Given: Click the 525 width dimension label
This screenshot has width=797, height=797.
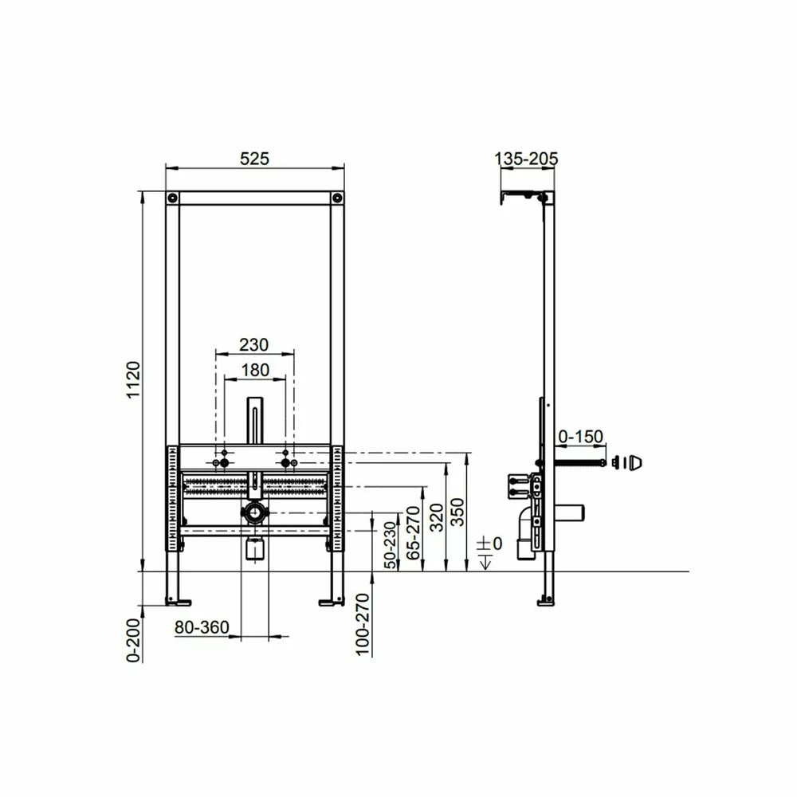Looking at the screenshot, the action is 254,159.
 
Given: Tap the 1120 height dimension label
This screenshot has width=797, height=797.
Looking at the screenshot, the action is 133,379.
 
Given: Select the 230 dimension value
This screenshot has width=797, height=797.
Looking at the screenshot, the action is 253,345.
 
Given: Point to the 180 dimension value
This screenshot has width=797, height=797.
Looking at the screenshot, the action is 255,370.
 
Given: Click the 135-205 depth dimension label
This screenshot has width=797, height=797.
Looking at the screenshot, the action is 526,159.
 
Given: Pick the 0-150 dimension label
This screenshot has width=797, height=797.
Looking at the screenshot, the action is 580,436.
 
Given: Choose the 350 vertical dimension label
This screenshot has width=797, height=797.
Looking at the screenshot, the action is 458,512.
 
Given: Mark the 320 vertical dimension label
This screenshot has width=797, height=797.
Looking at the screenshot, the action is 437,517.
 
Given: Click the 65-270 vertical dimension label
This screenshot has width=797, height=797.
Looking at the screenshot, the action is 414,532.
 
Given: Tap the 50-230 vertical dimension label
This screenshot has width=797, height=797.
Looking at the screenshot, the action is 390,545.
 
